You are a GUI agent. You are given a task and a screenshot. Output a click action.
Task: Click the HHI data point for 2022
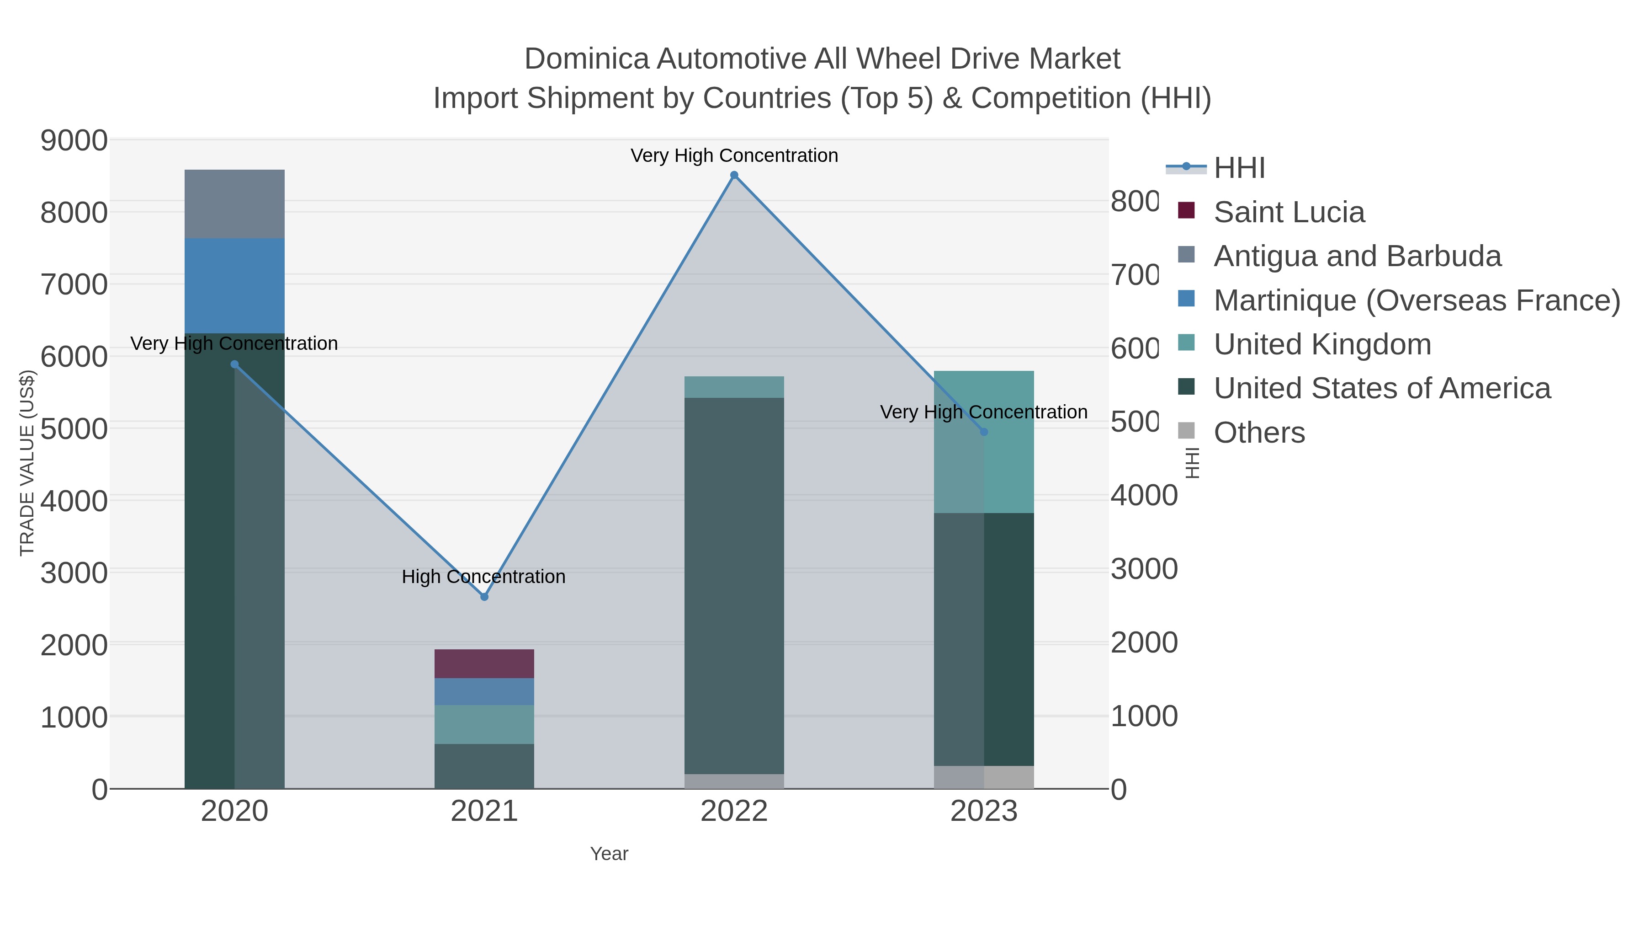734,175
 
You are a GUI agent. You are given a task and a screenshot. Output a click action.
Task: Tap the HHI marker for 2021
484,597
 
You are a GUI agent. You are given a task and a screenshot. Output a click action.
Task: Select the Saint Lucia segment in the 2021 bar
484,664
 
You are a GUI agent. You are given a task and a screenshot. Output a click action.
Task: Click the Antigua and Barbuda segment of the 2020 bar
234,204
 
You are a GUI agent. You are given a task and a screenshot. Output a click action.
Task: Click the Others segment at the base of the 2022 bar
734,781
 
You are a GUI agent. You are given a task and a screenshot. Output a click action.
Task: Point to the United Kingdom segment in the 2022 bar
734,386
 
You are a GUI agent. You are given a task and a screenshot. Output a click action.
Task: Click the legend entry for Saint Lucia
1288,212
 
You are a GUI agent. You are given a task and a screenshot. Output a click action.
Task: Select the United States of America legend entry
1381,388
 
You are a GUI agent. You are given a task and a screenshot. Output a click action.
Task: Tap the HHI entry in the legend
1238,168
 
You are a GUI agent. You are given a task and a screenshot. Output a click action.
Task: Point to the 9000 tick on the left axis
74,140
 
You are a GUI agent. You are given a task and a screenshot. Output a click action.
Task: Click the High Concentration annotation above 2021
483,577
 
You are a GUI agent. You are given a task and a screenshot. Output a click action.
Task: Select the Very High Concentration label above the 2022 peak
734,155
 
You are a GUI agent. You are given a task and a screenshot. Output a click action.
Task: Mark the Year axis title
609,854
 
